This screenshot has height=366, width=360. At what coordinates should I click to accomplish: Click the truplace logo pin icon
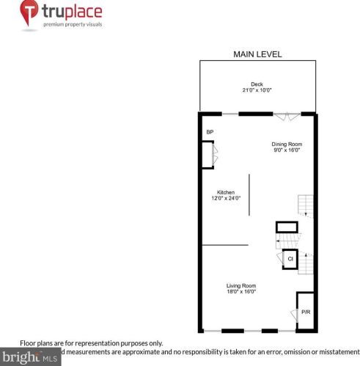point(28,12)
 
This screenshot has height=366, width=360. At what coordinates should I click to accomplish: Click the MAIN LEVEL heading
point(257,54)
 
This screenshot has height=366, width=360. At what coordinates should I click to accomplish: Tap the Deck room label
point(257,84)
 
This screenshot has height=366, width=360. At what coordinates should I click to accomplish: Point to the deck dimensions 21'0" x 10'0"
point(257,90)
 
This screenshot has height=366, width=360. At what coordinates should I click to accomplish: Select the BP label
point(209,132)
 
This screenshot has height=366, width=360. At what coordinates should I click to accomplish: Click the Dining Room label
point(287,144)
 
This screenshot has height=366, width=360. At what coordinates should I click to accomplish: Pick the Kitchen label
point(225,192)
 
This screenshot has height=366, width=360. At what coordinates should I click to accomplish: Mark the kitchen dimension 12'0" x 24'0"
point(225,198)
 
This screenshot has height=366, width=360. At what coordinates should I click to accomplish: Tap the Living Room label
point(240,285)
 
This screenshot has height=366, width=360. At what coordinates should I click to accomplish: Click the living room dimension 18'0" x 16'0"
point(240,291)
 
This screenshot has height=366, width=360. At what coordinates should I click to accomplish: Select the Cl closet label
point(290,260)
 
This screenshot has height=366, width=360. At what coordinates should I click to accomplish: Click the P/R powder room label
point(306,312)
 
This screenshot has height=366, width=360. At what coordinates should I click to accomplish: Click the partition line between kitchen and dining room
point(249,194)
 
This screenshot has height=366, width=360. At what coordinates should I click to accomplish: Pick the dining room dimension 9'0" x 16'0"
point(287,150)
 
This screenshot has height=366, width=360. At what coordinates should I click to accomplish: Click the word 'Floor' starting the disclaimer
point(28,343)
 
